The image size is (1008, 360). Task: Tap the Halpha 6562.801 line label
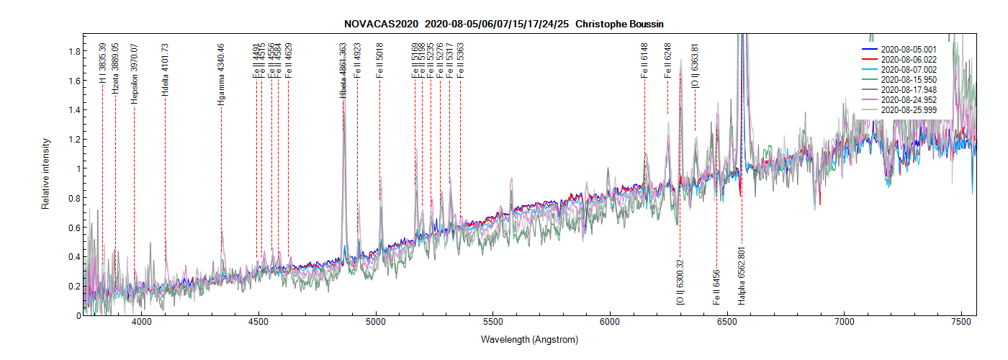[742, 276]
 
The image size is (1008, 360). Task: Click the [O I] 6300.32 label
[680, 282]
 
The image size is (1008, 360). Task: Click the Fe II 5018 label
[379, 60]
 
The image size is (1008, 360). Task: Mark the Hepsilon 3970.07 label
[134, 73]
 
